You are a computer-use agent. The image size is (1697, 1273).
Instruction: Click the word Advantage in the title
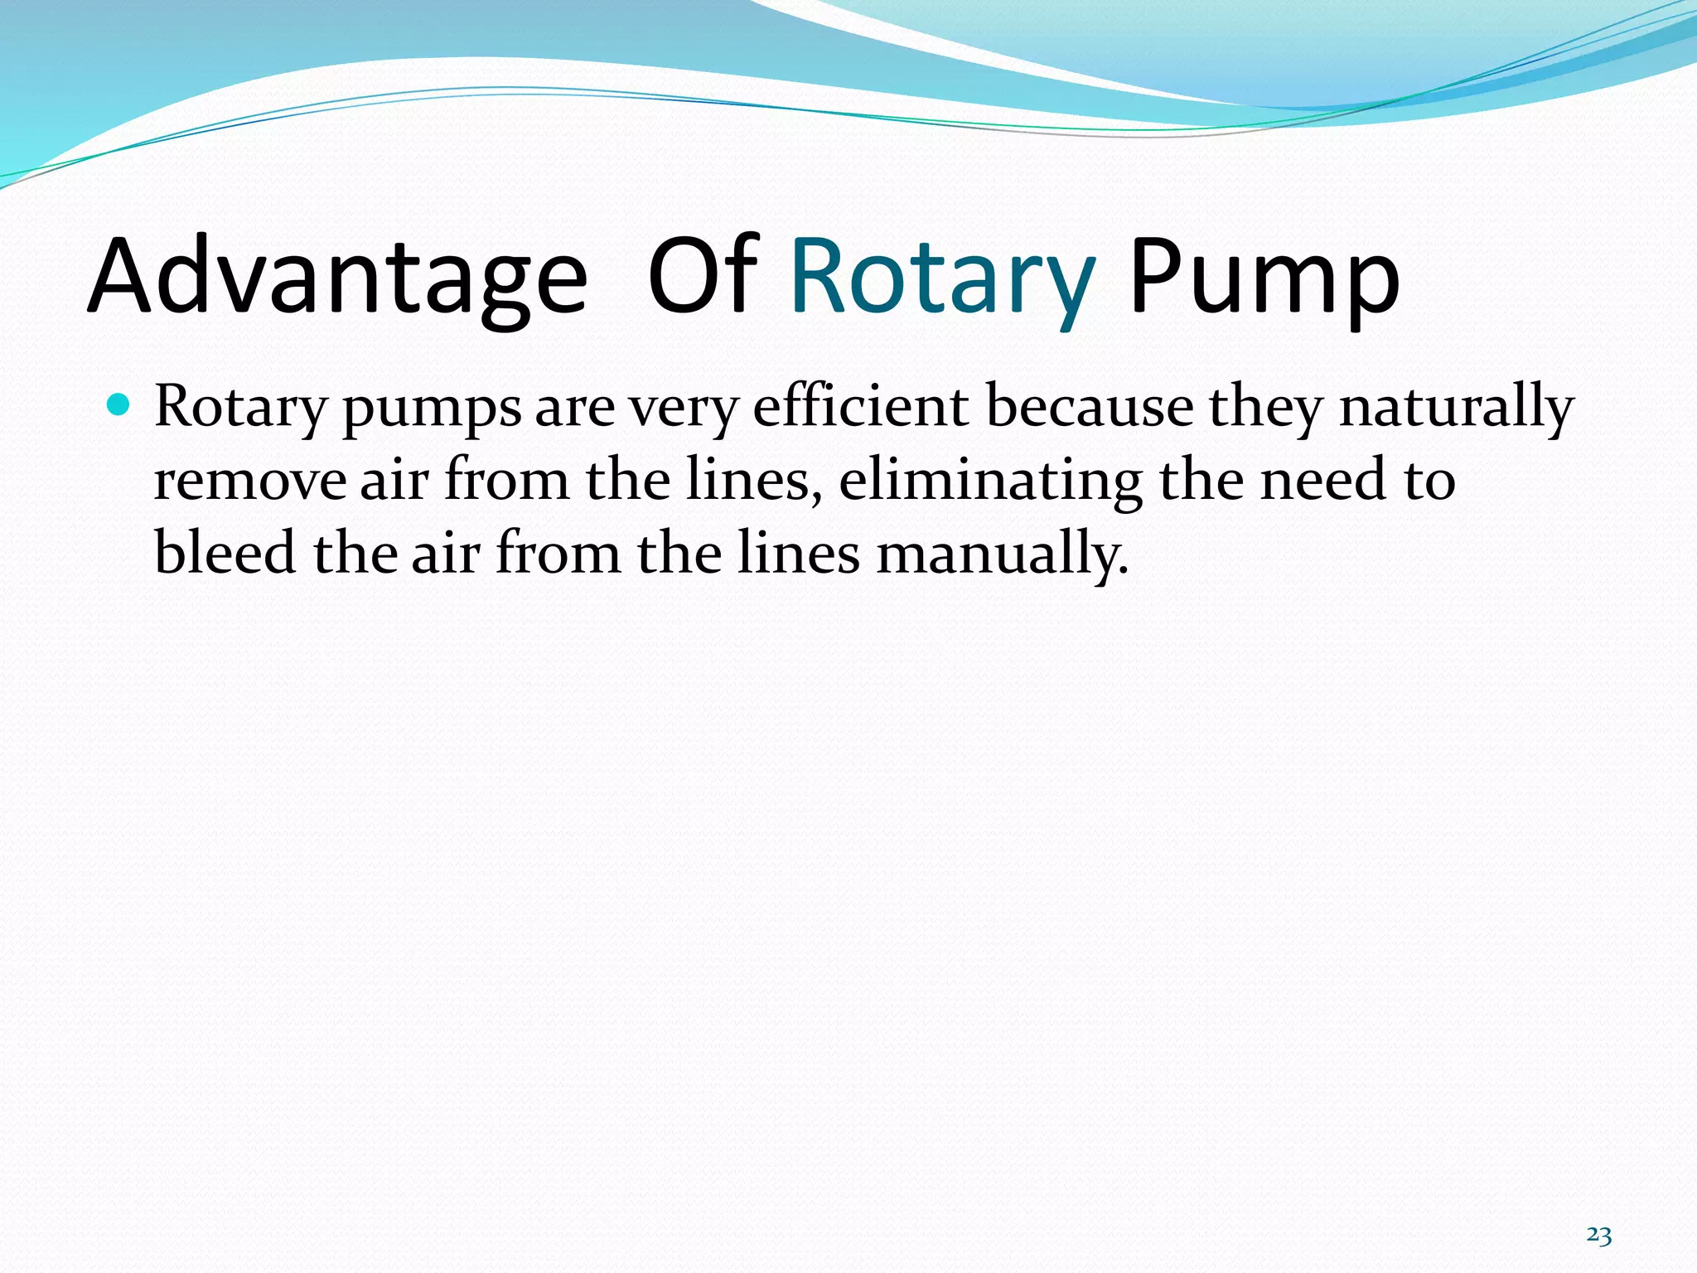click(337, 277)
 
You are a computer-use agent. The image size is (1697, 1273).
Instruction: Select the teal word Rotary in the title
click(943, 277)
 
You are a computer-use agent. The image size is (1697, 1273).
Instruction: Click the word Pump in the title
click(1264, 277)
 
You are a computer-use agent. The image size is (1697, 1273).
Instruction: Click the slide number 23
click(1598, 1236)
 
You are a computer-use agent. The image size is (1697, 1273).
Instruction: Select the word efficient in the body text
click(861, 407)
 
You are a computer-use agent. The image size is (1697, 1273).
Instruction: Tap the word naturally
click(1456, 409)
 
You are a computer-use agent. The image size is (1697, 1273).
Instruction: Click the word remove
click(249, 481)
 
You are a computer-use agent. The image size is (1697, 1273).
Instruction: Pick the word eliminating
click(991, 481)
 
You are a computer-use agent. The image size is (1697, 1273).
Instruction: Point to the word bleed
click(225, 553)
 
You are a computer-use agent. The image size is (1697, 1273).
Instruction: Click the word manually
click(1003, 554)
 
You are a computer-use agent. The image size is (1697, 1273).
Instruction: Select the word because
click(1090, 407)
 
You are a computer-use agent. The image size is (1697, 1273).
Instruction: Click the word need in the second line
click(1322, 481)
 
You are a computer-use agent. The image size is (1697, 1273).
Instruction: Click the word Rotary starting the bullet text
click(240, 409)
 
